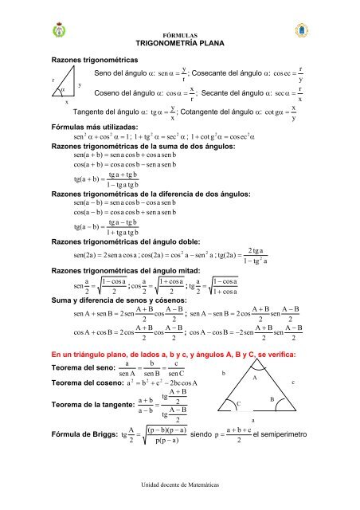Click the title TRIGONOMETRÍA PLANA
180,45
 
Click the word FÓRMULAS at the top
180,36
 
